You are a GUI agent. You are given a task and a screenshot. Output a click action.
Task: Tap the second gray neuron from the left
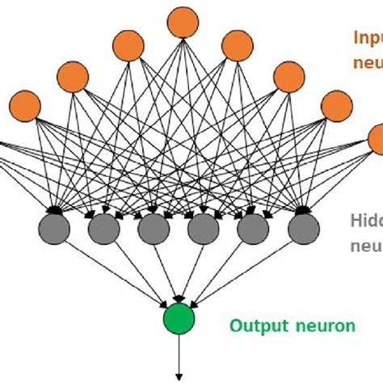pos(103,229)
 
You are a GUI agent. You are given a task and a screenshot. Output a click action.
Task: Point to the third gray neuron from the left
pos(153,229)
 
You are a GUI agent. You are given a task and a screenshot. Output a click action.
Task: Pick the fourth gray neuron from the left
pos(202,229)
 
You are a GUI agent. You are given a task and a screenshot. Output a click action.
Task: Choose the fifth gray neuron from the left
pos(251,229)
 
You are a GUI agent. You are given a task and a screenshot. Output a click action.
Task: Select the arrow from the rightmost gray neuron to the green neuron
pos(242,271)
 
